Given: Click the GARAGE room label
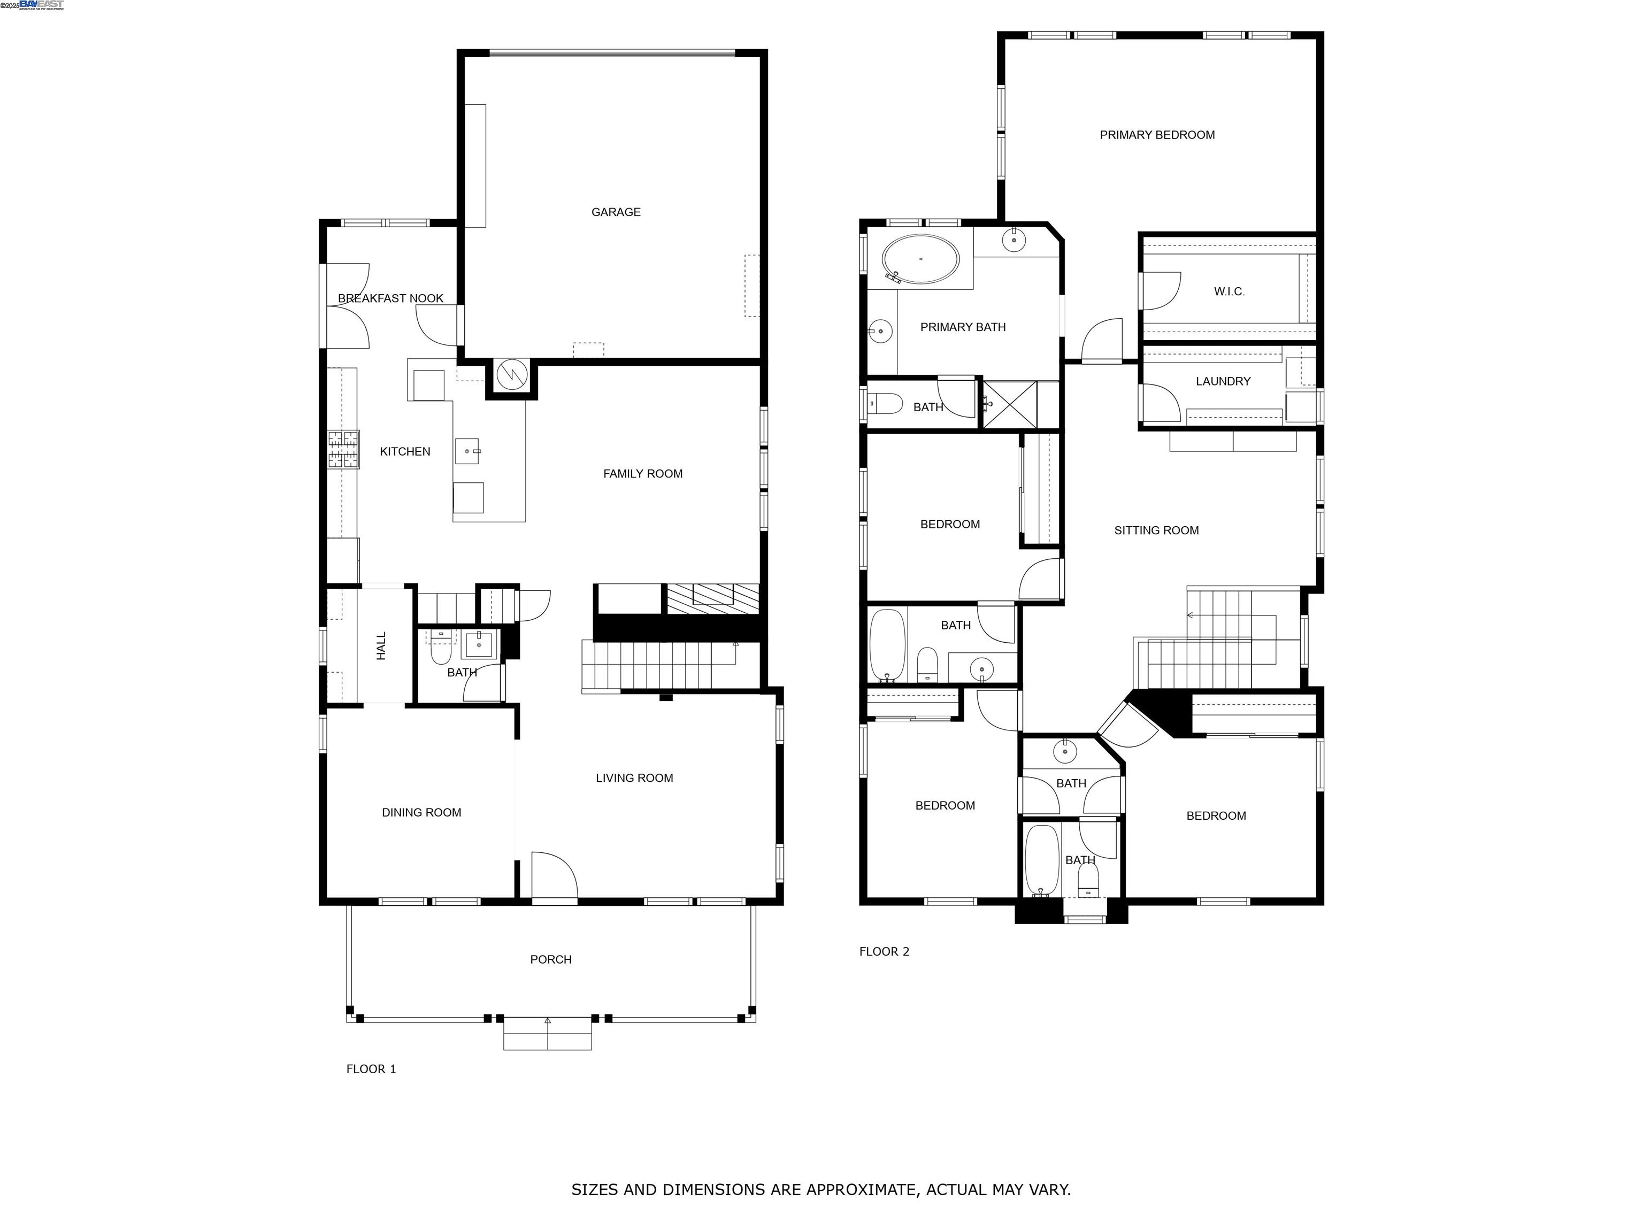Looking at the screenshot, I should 616,212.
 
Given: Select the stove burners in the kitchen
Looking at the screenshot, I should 344,449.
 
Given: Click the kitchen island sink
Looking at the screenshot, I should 468,451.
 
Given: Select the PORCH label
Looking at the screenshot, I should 550,959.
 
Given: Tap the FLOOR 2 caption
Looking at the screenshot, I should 884,952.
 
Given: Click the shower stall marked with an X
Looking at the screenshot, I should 1009,405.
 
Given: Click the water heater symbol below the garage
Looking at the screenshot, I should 511,376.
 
